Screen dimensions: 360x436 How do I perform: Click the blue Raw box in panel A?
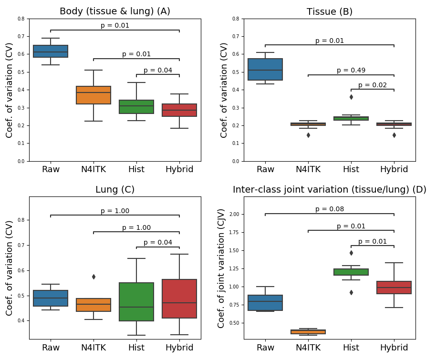pos(51,51)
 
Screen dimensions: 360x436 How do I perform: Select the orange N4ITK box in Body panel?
pos(93,95)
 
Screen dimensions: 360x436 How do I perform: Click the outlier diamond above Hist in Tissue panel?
pos(351,97)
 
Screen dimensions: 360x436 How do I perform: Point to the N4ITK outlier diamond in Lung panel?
pos(93,277)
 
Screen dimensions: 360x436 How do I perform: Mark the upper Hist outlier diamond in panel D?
pos(351,253)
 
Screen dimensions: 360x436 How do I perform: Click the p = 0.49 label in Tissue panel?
pos(351,71)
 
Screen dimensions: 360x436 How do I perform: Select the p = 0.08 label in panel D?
pos(330,209)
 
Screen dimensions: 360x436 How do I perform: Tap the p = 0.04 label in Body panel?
pos(158,71)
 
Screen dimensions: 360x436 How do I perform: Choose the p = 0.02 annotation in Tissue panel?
pos(373,85)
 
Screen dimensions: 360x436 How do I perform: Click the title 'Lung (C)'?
pos(115,190)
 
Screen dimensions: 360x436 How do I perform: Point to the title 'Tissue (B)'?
pos(330,12)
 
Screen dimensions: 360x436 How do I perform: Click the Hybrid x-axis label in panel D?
pos(394,348)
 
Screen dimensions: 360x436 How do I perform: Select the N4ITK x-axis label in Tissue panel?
pos(308,169)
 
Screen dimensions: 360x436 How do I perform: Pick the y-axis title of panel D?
pos(222,268)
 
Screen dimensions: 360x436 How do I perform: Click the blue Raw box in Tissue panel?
pos(265,69)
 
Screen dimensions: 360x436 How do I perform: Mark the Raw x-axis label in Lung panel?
pos(51,348)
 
